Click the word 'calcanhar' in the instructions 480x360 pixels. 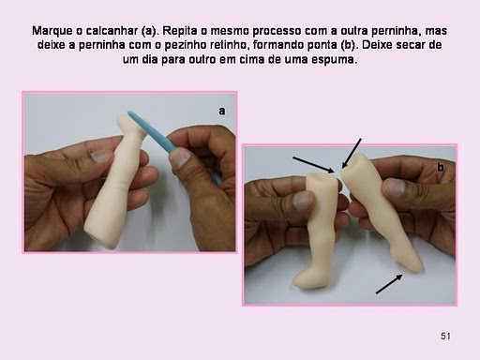point(112,31)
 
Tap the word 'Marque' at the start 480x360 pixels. point(52,31)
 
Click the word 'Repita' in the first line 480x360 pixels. point(179,31)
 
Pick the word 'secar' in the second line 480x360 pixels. point(410,45)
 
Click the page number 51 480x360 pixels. point(445,336)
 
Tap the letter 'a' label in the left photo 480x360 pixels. point(221,111)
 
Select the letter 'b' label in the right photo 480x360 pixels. point(441,168)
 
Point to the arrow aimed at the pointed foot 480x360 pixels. point(389,284)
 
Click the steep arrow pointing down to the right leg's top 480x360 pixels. point(352,154)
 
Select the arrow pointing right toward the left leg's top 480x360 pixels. point(313,165)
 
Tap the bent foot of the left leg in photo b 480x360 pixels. point(307,277)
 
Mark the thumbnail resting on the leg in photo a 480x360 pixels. point(100,156)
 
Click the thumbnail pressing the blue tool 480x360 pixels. point(181,157)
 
